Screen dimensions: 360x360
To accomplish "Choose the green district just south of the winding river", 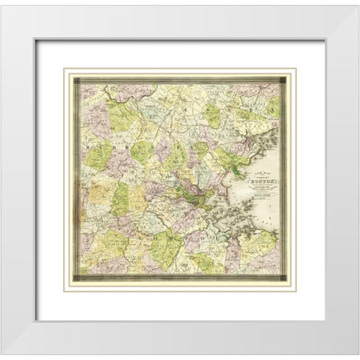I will point(120,112).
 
